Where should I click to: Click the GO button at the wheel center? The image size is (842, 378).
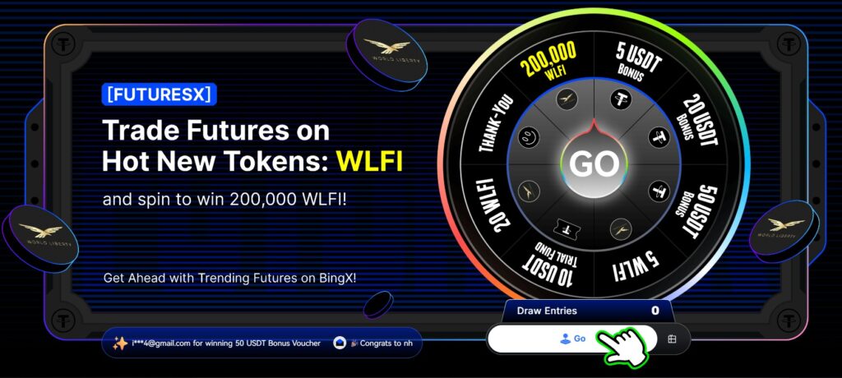[x=594, y=164]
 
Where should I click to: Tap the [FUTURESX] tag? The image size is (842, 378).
[x=160, y=94]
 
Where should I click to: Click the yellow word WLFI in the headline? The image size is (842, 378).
[x=370, y=160]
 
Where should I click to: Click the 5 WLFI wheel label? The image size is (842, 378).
[x=636, y=264]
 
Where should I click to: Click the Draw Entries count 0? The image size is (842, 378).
[x=655, y=311]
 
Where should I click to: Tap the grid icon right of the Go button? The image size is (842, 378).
[x=672, y=339]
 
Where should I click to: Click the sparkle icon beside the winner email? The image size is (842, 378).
[x=120, y=343]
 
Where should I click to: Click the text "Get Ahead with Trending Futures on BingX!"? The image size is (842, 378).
[x=230, y=278]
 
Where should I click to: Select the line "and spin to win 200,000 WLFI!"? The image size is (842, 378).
[x=224, y=200]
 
